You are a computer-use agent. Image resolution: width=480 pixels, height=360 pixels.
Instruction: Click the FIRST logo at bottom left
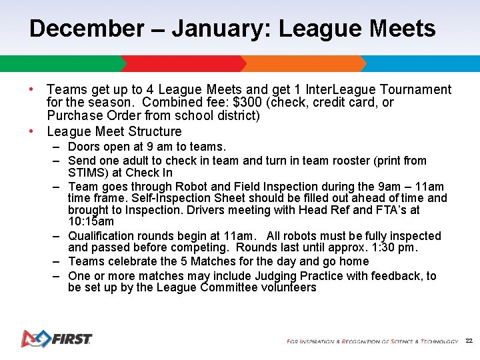tap(56, 339)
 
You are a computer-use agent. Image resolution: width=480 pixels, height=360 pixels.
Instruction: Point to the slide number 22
tap(469, 341)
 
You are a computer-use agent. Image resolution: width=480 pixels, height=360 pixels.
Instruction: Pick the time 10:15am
tap(91, 221)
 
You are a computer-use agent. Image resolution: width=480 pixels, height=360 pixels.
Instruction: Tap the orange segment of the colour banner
tap(303, 64)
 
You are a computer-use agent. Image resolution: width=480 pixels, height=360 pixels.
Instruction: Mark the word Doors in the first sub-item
tap(83, 147)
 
